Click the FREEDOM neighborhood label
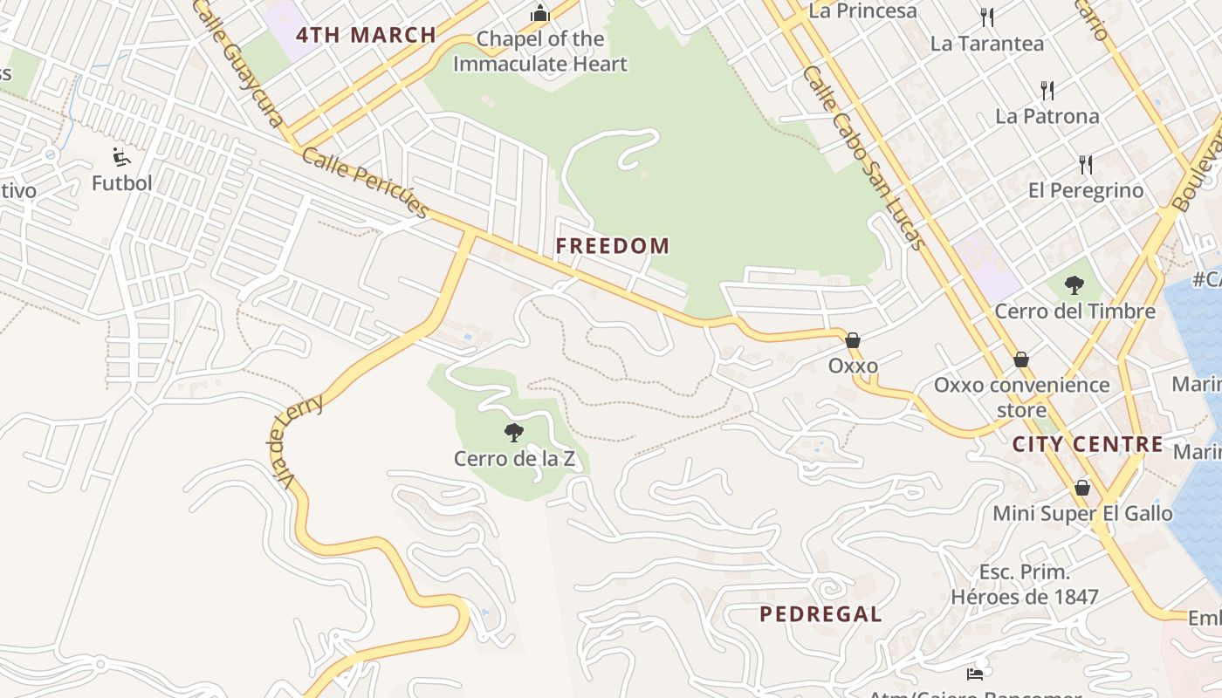pyautogui.click(x=613, y=246)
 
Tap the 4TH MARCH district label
pyautogui.click(x=366, y=36)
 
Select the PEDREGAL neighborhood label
pyautogui.click(x=820, y=614)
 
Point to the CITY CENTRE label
pyautogui.click(x=1088, y=444)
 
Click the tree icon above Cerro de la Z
pyautogui.click(x=514, y=432)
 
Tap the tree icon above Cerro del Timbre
pyautogui.click(x=1074, y=285)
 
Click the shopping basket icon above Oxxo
pyautogui.click(x=853, y=340)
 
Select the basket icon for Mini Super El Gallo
pyautogui.click(x=1082, y=488)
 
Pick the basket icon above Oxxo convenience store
pyautogui.click(x=1020, y=359)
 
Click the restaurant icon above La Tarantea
pyautogui.click(x=987, y=17)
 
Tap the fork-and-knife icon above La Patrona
pyautogui.click(x=1047, y=90)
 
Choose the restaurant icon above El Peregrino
pyautogui.click(x=1086, y=164)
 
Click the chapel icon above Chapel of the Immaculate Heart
pyautogui.click(x=540, y=14)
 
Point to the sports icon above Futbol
pyautogui.click(x=121, y=158)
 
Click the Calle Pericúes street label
pyautogui.click(x=366, y=182)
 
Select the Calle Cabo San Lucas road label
pyautogui.click(x=863, y=157)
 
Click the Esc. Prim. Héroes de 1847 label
pyautogui.click(x=1024, y=585)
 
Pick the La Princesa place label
pyautogui.click(x=862, y=11)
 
